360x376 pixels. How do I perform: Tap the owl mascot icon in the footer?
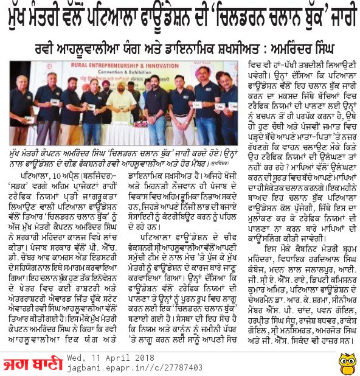348,360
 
